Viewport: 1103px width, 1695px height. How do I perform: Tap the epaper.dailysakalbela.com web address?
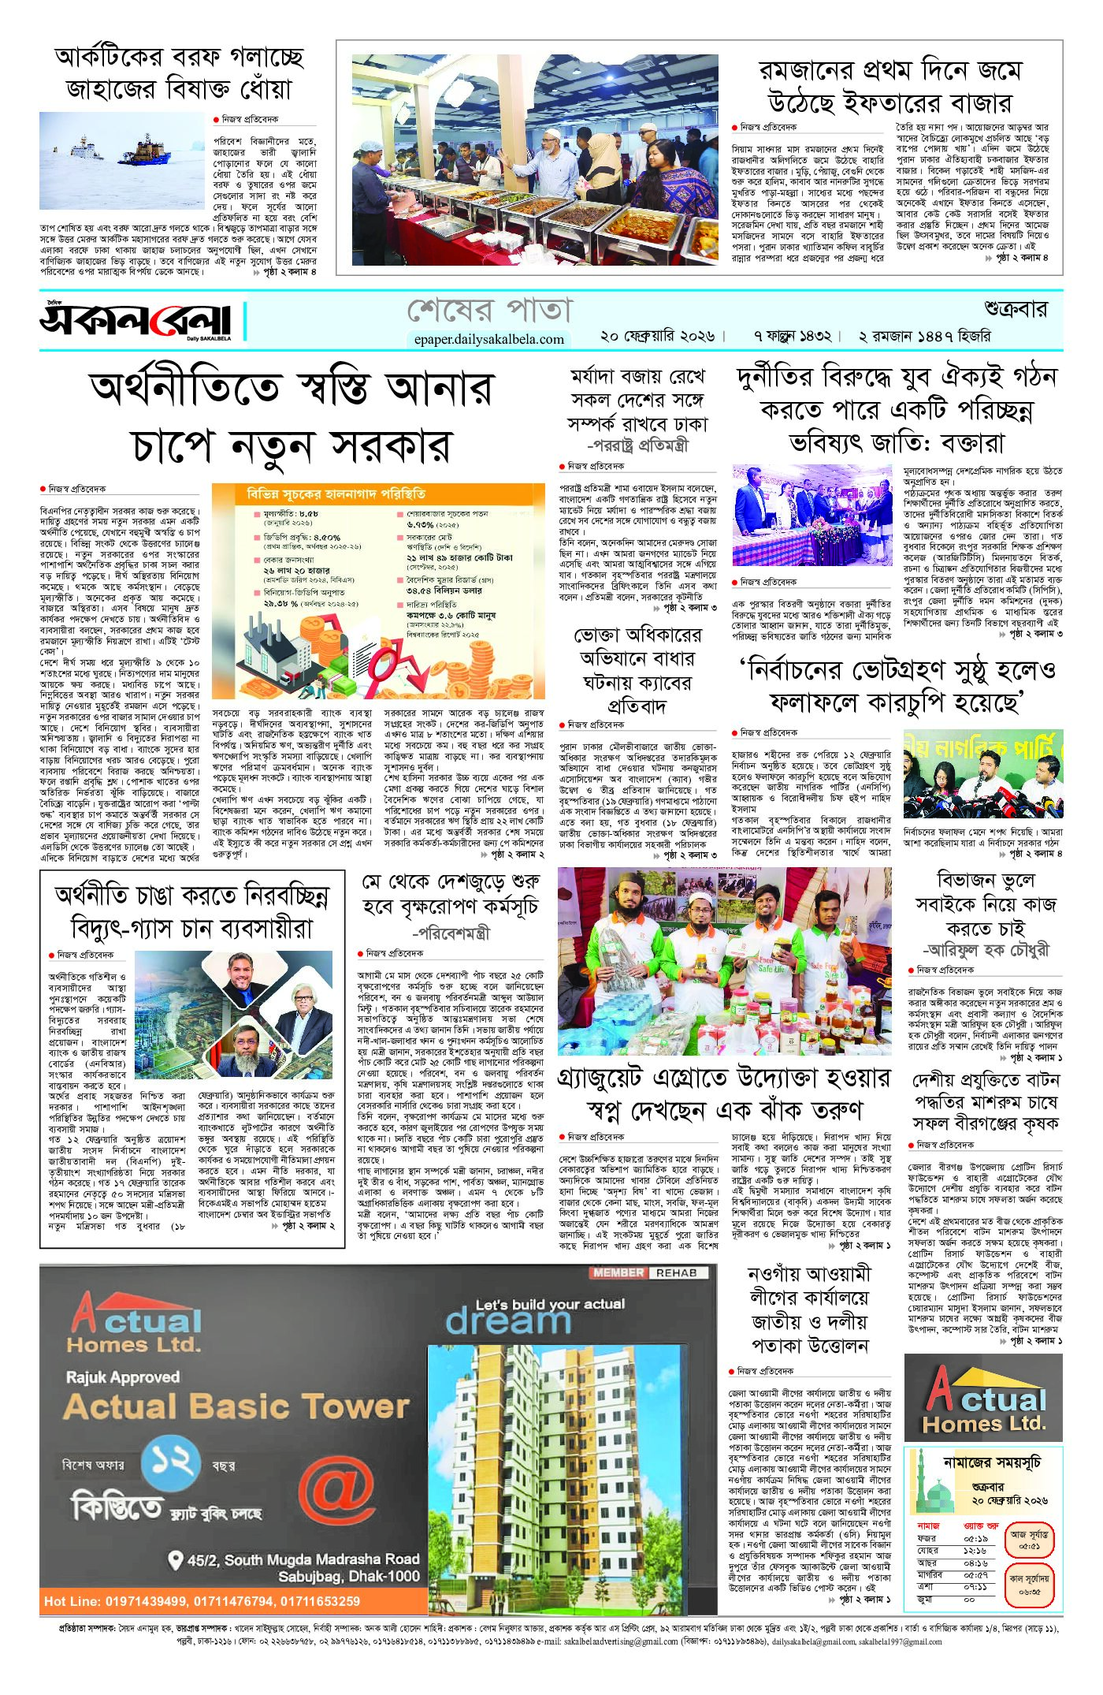coord(488,339)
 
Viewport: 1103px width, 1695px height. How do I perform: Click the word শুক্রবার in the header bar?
coord(1015,309)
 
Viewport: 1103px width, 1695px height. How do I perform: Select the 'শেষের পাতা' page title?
coord(488,310)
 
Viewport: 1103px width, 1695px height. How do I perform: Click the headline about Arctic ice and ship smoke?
coord(179,73)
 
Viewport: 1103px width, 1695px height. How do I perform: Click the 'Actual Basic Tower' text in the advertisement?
coord(236,1406)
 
